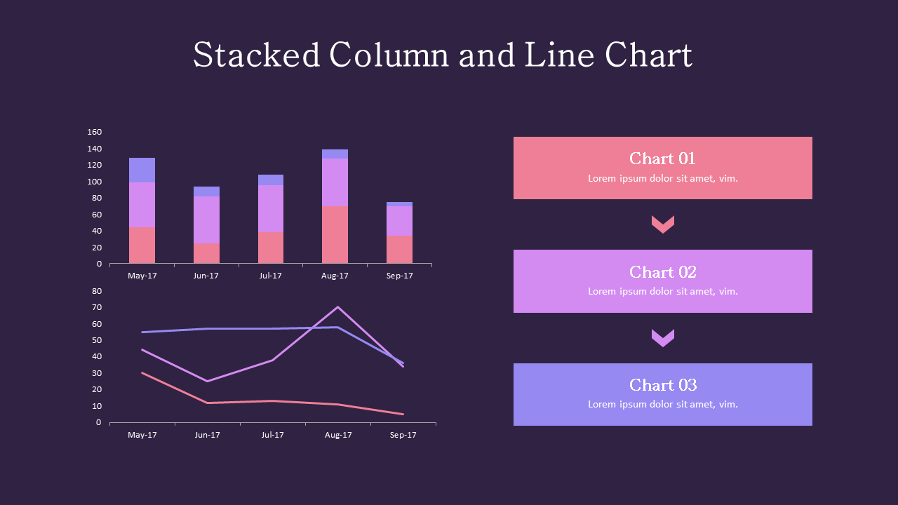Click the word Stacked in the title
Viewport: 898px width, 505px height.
point(256,55)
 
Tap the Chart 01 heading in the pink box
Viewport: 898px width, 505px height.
point(662,159)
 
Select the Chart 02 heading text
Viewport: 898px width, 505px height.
point(662,272)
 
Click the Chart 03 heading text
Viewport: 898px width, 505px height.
point(662,385)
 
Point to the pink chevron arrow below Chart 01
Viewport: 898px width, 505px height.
point(662,224)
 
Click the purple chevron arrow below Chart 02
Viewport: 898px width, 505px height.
point(662,337)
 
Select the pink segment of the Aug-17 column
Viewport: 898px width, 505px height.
point(335,234)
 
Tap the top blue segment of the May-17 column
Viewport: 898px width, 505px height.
point(142,170)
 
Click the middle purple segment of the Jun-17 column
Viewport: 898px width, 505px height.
point(206,220)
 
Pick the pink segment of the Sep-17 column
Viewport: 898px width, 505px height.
point(399,249)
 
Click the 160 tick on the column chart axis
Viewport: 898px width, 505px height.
point(95,132)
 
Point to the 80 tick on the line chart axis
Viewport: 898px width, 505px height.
point(97,291)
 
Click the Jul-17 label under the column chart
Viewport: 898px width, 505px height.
point(270,276)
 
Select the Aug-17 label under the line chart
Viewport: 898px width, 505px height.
point(337,435)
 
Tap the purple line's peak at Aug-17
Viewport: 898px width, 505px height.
point(337,307)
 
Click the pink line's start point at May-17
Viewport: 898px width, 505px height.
point(142,372)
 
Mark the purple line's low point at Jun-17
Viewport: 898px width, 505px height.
point(207,381)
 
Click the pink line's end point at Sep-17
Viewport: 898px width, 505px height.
point(403,414)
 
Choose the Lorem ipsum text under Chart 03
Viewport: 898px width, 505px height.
point(662,404)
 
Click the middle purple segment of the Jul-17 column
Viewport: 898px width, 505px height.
point(270,208)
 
